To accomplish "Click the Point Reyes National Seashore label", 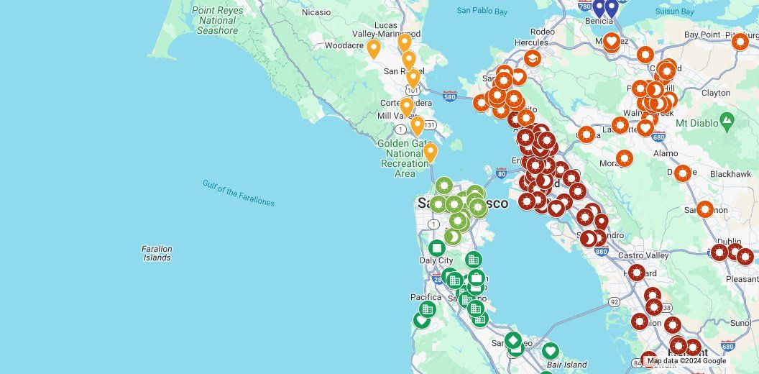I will click(x=216, y=21).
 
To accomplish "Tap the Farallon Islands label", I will click(x=157, y=253).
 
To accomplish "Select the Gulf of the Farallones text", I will click(x=238, y=193).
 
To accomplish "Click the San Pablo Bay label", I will click(x=482, y=11).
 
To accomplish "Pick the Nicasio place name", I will click(x=316, y=12).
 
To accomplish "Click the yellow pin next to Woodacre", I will click(x=373, y=48).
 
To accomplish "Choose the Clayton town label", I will click(x=715, y=93).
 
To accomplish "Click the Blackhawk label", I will click(x=730, y=174).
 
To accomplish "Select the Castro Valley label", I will click(x=643, y=255).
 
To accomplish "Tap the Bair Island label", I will click(x=566, y=365).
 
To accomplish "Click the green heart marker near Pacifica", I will click(x=422, y=320).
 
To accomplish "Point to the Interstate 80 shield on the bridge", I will click(x=501, y=173).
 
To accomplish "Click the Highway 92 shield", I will click(x=614, y=302).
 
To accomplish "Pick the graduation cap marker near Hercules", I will click(x=532, y=58).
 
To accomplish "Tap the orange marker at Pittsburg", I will click(x=740, y=41).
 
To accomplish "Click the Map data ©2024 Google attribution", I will click(x=686, y=361).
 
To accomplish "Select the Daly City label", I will click(x=436, y=260).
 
